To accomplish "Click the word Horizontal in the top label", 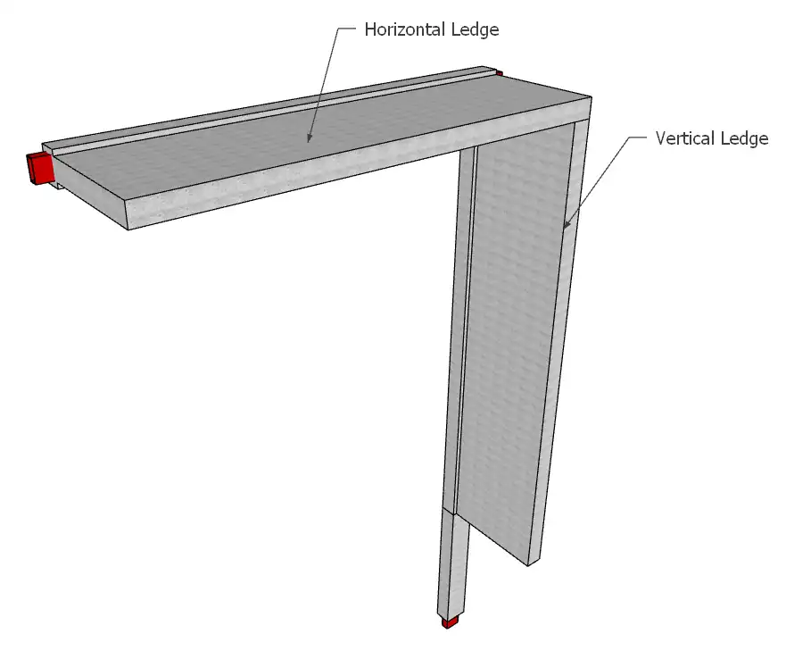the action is tap(405, 29).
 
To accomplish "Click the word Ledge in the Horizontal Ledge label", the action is tap(475, 29).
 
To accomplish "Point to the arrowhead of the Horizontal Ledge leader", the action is tap(309, 138).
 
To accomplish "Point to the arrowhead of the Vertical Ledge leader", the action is tap(566, 224).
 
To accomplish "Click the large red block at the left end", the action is tap(39, 168).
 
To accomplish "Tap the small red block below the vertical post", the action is tap(450, 623).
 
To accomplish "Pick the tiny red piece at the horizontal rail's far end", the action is tap(500, 74).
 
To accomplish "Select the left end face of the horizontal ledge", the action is tap(90, 192).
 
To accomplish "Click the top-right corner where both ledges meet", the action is tap(592, 98).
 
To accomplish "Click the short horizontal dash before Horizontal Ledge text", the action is tap(346, 29).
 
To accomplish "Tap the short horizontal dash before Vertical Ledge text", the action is tap(638, 137).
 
